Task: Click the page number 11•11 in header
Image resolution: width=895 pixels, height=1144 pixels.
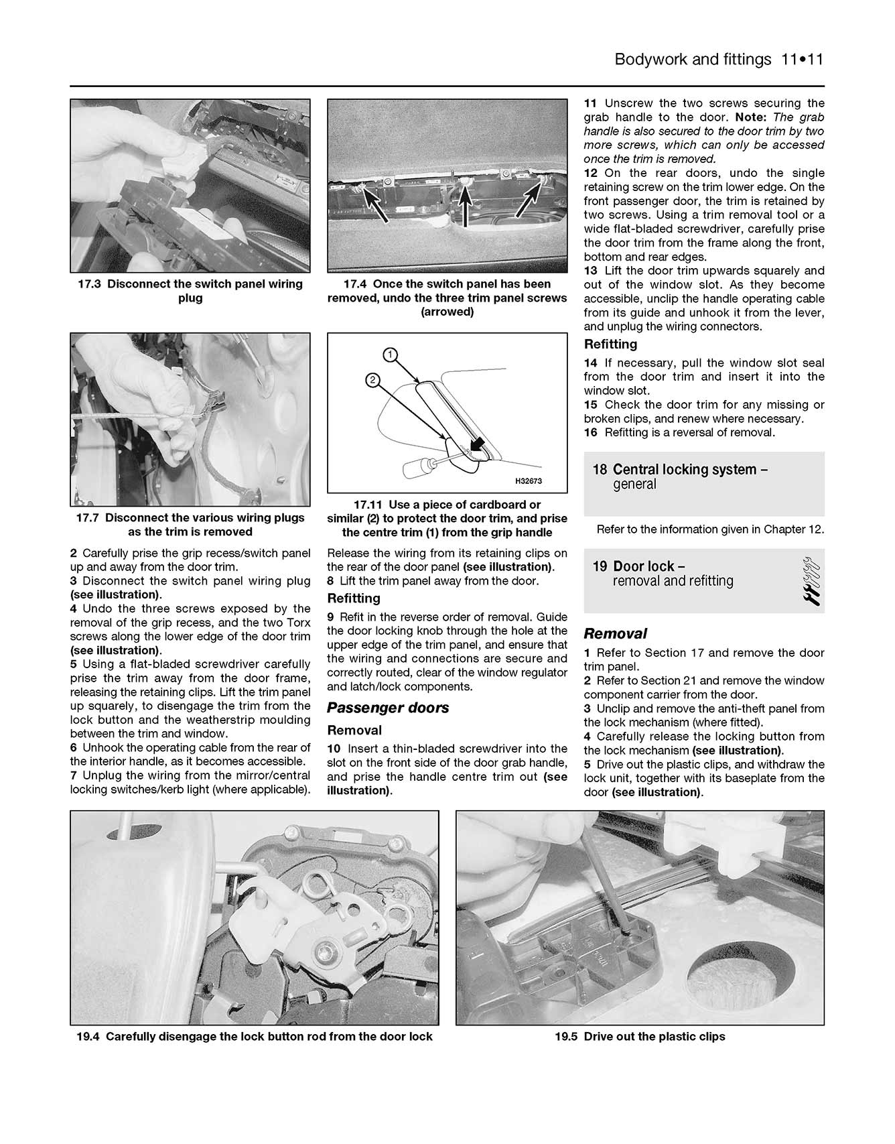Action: pos(801,60)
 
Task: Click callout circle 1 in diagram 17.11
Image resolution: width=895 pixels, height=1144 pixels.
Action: pos(390,355)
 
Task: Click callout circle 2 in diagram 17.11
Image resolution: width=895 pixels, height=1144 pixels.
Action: pos(373,381)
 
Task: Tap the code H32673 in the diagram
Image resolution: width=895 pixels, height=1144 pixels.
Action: pos(528,481)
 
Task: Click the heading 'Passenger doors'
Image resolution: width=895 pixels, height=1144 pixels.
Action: pos(388,708)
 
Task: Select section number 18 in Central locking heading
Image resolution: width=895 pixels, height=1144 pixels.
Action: pos(600,469)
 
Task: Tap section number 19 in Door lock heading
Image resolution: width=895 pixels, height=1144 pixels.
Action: pos(600,566)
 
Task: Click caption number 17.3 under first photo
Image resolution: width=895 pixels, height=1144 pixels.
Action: pos(89,284)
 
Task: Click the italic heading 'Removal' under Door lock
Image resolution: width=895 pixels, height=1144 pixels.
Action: pos(615,633)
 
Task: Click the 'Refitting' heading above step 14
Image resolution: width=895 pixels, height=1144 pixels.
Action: pos(610,344)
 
